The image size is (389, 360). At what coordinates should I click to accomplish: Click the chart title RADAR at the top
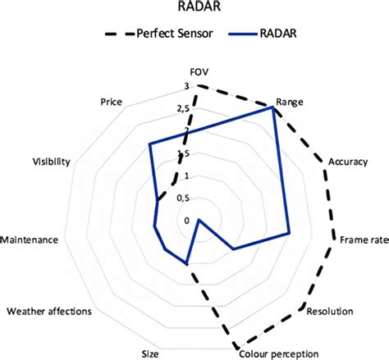tap(199, 6)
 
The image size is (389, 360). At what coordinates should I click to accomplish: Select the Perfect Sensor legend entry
tap(158, 34)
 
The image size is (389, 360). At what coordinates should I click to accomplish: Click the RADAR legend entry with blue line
tap(263, 34)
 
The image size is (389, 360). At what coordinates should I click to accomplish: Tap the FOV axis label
tap(199, 72)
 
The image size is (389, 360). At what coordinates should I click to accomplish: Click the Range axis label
tap(290, 102)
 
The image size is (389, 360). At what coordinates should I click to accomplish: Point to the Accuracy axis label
tap(348, 162)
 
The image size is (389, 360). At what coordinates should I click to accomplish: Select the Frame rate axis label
tap(364, 240)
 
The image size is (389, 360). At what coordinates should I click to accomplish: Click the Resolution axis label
tap(330, 312)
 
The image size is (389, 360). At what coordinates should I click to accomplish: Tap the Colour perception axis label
tap(279, 354)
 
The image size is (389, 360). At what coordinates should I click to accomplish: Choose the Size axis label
tap(150, 354)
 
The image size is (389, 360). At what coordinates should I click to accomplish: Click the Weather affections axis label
tap(49, 312)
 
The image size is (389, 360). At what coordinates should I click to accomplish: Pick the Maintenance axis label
tap(30, 240)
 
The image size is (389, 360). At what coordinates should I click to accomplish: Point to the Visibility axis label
tap(51, 162)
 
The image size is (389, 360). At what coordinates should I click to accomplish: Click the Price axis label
tap(111, 102)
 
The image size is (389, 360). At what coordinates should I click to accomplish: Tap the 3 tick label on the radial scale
tap(186, 86)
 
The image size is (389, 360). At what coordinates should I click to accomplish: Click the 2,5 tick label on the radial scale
tap(183, 109)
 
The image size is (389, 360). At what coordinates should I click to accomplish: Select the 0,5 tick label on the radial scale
tap(183, 198)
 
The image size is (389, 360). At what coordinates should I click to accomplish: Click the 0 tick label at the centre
tap(186, 221)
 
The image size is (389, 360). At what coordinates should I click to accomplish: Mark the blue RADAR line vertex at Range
tap(272, 107)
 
